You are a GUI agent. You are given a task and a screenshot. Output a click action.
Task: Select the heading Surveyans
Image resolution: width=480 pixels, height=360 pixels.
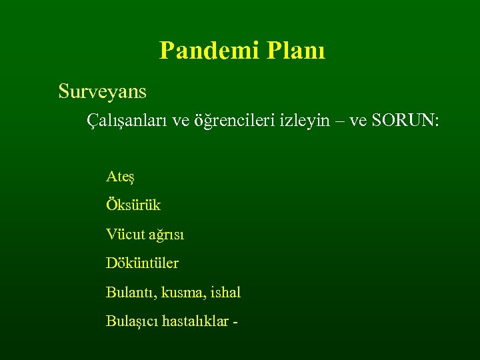coord(102,91)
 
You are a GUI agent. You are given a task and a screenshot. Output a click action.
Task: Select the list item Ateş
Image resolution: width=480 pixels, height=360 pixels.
coord(121,177)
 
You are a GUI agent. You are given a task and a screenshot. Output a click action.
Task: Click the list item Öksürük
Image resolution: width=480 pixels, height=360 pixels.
coord(133,205)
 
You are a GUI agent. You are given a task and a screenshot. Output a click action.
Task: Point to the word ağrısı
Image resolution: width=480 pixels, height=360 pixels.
coord(165,235)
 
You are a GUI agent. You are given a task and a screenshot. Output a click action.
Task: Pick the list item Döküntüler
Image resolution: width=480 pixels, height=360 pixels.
coord(142,263)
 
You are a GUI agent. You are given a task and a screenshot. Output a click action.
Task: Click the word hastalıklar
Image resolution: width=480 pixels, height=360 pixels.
coord(193,321)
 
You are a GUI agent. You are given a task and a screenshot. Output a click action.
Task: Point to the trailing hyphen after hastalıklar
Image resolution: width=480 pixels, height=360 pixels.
coord(235,321)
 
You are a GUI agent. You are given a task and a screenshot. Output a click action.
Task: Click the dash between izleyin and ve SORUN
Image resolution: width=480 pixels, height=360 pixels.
coord(339,121)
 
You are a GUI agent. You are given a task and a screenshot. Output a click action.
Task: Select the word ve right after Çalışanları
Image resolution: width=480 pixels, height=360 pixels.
coord(181,121)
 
